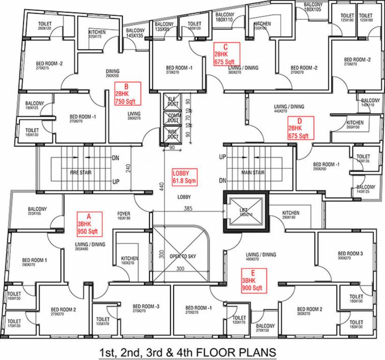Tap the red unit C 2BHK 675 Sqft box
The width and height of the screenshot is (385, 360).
point(227,54)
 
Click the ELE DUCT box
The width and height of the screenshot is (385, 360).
point(173,102)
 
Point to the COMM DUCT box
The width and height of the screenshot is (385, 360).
point(173,118)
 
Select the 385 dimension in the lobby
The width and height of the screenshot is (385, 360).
point(188,208)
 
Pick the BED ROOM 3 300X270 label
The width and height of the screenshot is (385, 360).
point(350,256)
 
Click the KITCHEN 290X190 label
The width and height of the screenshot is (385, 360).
point(290,215)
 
